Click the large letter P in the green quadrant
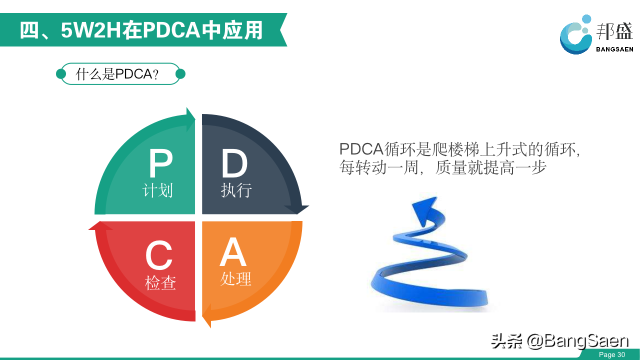click(x=160, y=163)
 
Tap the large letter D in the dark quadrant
click(x=234, y=163)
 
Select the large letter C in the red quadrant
click(x=159, y=255)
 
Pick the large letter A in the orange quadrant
click(x=233, y=252)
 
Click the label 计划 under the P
click(x=157, y=190)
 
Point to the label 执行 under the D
click(x=236, y=190)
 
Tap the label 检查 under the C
click(x=160, y=283)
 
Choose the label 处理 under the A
click(x=235, y=278)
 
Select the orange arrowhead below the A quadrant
click(x=206, y=315)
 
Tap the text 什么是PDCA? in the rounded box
click(x=117, y=74)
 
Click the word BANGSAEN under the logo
click(x=614, y=49)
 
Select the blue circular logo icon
click(x=575, y=35)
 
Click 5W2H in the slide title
click(x=91, y=30)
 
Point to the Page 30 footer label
click(x=612, y=354)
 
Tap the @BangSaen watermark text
click(x=577, y=341)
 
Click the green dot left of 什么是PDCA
click(x=61, y=74)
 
